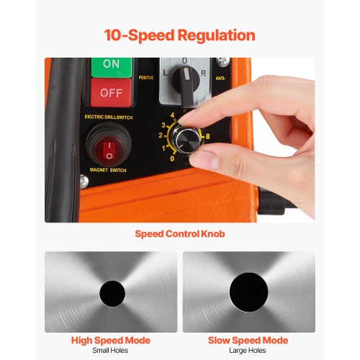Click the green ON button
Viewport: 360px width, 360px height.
[x=111, y=65]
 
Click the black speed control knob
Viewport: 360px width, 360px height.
[x=189, y=140]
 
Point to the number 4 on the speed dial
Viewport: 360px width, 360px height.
[x=172, y=115]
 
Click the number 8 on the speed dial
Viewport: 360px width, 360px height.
[x=207, y=135]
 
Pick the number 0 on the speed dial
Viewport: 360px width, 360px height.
[x=171, y=158]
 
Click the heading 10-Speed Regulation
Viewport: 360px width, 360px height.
[x=179, y=35]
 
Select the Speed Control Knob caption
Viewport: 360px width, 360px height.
[x=179, y=234]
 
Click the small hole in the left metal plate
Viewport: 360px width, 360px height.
[x=111, y=292]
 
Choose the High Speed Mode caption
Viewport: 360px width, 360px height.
[x=110, y=340]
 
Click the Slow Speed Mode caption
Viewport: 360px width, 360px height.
[x=248, y=340]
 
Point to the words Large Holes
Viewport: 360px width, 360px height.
[x=248, y=351]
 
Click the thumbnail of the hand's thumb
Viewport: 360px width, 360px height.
[x=210, y=158]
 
